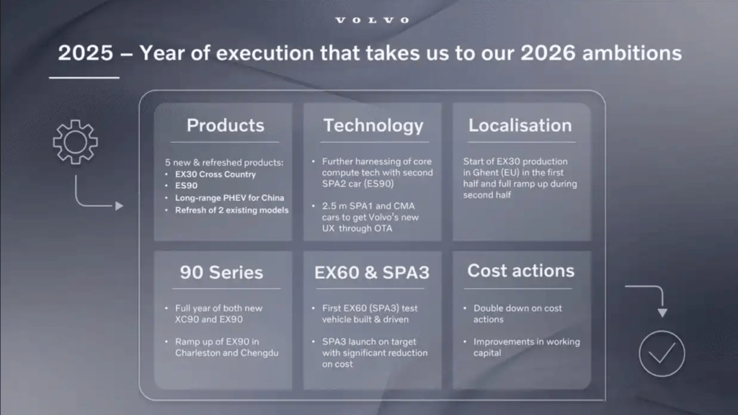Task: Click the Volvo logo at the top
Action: [x=372, y=21]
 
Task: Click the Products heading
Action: [x=225, y=125]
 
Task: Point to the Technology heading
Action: [x=373, y=126]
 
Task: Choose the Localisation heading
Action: [x=520, y=125]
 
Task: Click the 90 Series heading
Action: [x=221, y=272]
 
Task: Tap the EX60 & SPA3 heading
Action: [x=372, y=272]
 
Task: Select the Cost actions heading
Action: [x=521, y=271]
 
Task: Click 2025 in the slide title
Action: [x=85, y=53]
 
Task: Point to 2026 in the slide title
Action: [x=548, y=53]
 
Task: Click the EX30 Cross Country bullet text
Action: [x=215, y=174]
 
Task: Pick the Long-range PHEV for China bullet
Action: [x=230, y=198]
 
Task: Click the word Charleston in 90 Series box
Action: [x=197, y=353]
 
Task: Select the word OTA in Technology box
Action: [x=383, y=228]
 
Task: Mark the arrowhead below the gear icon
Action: [x=120, y=206]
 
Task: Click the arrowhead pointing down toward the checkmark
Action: [x=662, y=313]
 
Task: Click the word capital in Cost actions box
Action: [x=487, y=353]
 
